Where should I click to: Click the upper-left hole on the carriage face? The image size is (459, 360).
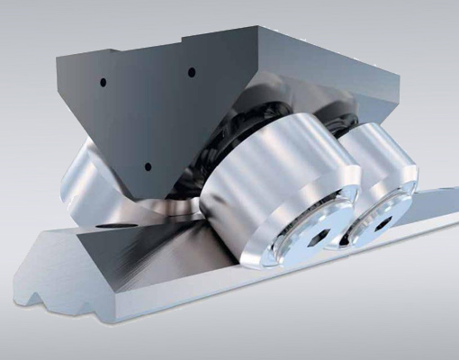[x=103, y=82]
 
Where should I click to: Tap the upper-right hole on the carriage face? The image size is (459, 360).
[x=192, y=72]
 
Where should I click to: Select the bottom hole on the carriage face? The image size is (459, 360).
[x=148, y=166]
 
